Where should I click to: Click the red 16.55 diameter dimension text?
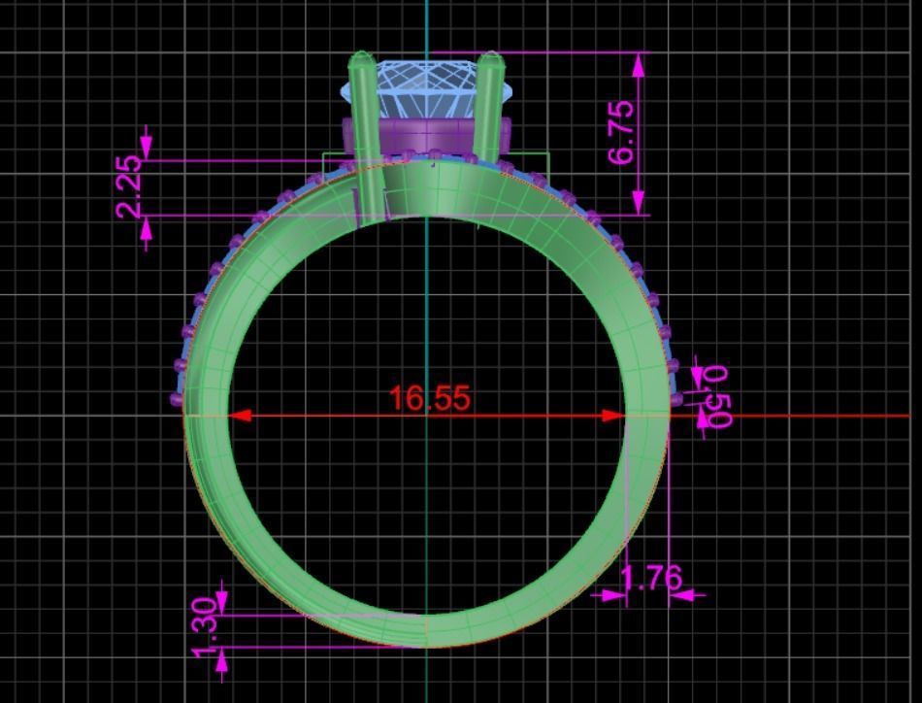pyautogui.click(x=429, y=398)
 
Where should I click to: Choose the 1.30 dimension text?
pyautogui.click(x=205, y=626)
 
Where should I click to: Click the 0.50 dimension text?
pyautogui.click(x=717, y=395)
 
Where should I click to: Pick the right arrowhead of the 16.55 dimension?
pyautogui.click(x=614, y=416)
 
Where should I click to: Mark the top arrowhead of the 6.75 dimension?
pyautogui.click(x=639, y=64)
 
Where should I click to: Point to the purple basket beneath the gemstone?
pyautogui.click(x=427, y=135)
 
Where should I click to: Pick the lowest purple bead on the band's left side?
pyautogui.click(x=177, y=398)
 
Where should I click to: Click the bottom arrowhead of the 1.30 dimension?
pyautogui.click(x=222, y=659)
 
